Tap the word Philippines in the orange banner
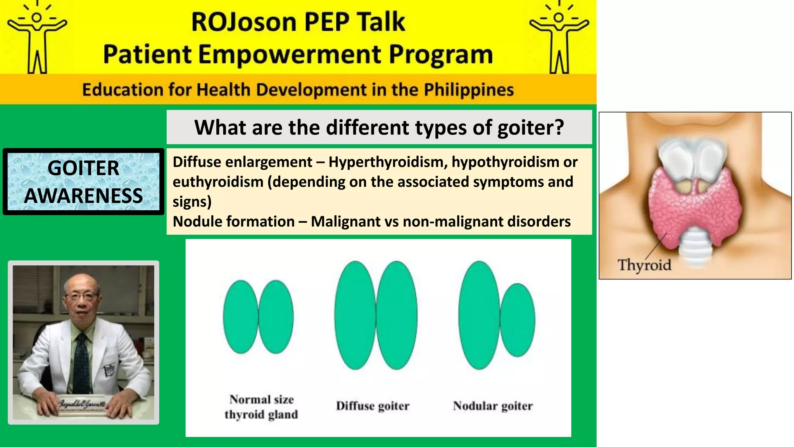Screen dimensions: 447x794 (468, 90)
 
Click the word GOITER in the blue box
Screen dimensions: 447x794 (83, 168)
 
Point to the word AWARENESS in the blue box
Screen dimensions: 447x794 (83, 195)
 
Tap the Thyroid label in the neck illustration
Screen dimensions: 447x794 (644, 265)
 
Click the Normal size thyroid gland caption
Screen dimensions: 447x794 (261, 407)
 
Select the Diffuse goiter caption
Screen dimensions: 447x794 (373, 406)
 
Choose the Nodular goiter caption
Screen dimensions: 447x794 (493, 406)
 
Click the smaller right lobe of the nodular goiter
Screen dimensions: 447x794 (518, 320)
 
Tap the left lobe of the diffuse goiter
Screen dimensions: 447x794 (355, 315)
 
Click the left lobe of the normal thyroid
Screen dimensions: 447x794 (240, 317)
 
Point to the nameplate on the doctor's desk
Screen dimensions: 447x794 (82, 405)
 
